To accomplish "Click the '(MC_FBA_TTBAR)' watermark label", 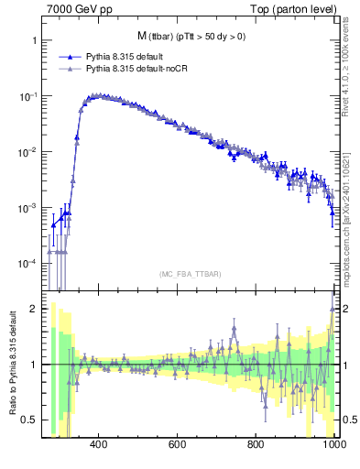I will (x=191, y=275).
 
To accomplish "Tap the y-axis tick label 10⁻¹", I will (x=27, y=96).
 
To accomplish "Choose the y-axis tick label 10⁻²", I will (x=27, y=152).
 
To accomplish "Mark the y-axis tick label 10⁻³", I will (x=27, y=208).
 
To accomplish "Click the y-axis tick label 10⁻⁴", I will (x=27, y=264).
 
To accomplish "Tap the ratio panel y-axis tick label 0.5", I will (x=28, y=420).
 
